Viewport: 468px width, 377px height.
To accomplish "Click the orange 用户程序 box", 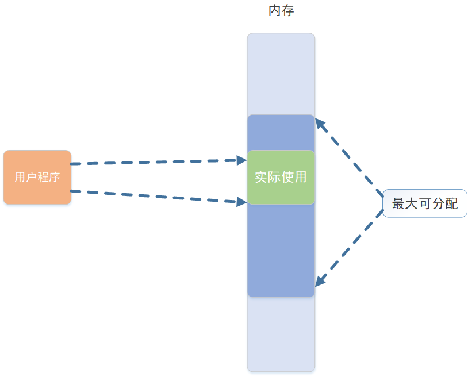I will coord(37,177).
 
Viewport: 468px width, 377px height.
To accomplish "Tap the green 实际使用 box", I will coord(281,177).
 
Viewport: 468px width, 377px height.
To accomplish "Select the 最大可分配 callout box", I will coord(425,203).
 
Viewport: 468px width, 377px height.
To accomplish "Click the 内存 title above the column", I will coord(281,11).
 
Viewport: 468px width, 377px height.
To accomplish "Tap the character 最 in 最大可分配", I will coord(398,203).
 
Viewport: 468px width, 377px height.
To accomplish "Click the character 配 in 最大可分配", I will coord(452,203).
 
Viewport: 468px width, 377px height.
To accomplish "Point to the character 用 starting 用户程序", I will coord(20,177).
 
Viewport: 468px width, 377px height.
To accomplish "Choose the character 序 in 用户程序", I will coord(54,177).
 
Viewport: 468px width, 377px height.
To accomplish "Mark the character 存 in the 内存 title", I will coord(287,11).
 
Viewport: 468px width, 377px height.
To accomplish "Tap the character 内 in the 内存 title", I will coord(274,11).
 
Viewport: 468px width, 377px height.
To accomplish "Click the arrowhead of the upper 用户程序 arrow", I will coord(242,160).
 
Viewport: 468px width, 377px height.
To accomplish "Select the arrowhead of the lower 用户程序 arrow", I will coord(242,201).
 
